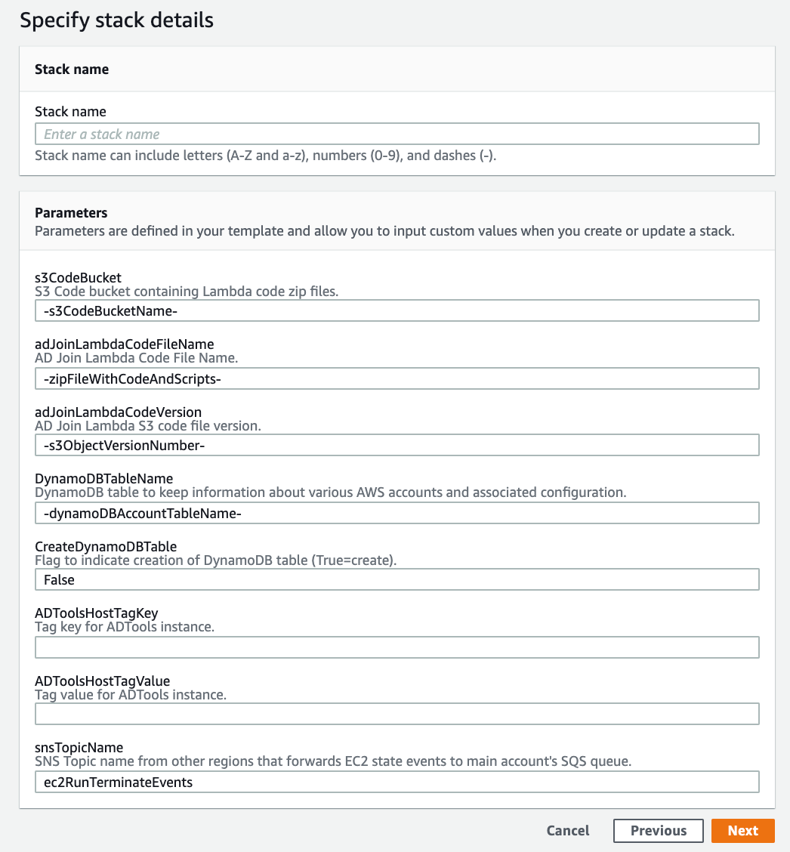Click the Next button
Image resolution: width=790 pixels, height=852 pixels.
coord(742,830)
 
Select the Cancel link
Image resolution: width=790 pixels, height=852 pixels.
coord(567,830)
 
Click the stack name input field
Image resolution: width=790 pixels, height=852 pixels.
coord(397,134)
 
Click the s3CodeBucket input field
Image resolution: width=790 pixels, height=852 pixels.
coord(397,311)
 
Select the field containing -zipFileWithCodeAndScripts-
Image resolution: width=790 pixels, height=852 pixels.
coord(397,378)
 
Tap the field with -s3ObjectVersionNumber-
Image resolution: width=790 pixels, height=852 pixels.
coord(397,446)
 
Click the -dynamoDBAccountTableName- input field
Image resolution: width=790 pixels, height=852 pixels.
coord(397,513)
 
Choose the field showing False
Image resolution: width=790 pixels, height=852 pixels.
coord(397,580)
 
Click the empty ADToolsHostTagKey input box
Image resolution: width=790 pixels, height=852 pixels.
coord(397,647)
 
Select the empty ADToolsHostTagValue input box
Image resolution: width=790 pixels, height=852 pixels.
coord(397,715)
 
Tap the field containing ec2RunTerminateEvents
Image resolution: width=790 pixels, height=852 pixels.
coord(397,782)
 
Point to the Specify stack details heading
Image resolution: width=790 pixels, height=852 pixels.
coord(116,20)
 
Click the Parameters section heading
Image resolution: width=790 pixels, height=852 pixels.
coord(71,213)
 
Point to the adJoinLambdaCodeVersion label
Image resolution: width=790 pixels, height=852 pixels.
coord(118,412)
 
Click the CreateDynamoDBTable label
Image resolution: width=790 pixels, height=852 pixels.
coord(106,546)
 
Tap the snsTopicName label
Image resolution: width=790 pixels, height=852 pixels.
coord(79,748)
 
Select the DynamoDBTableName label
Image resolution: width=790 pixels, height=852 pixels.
coord(103,479)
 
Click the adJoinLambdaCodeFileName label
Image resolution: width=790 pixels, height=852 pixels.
coord(124,344)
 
